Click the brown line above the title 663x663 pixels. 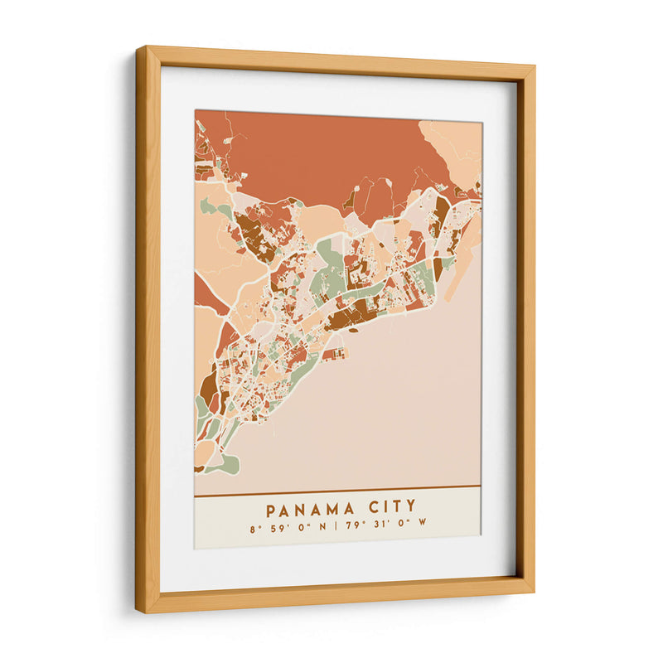337,486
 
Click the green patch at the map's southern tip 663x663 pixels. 224,465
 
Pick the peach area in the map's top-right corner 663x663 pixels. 455,141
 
